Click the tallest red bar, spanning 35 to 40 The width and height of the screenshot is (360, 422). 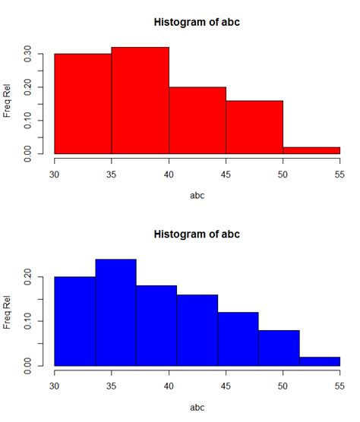tap(140, 101)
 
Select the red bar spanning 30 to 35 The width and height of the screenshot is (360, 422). tap(83, 104)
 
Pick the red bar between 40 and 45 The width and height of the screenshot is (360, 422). tap(197, 121)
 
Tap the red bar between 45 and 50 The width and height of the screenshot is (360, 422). tap(254, 128)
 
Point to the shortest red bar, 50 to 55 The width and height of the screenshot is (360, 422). tap(311, 150)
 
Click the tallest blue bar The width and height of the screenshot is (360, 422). tap(115, 313)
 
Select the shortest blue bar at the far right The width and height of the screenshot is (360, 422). tap(320, 361)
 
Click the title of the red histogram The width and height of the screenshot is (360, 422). tap(197, 21)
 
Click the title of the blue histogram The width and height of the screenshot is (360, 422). tap(197, 233)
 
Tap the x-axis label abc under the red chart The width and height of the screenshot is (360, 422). tap(197, 195)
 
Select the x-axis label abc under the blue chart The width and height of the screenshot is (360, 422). tap(197, 407)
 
